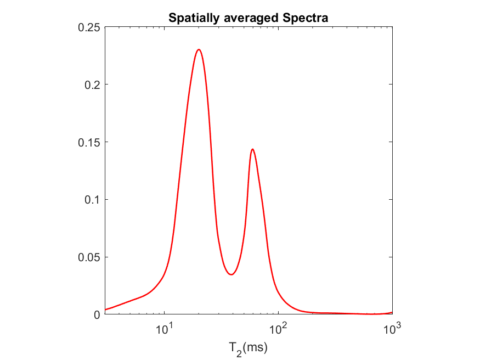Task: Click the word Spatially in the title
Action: (x=191, y=18)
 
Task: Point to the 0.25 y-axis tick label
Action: (x=89, y=27)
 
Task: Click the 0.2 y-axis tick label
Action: (x=92, y=85)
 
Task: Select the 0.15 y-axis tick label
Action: (x=89, y=142)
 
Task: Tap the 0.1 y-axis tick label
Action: (x=92, y=200)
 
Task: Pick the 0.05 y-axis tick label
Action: (x=89, y=257)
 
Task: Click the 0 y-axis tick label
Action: (x=97, y=314)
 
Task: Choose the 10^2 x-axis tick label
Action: (x=278, y=329)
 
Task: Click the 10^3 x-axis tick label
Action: (x=392, y=329)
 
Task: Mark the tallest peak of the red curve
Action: (x=199, y=49)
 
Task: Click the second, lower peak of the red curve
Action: (x=252, y=149)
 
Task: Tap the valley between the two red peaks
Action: (x=231, y=274)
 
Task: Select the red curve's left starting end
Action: (x=105, y=310)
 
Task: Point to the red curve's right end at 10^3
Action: (x=392, y=312)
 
